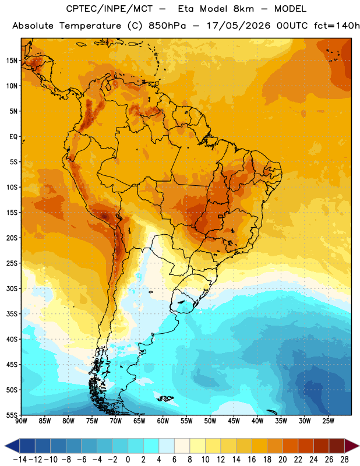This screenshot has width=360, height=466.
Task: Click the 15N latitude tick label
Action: coord(12,61)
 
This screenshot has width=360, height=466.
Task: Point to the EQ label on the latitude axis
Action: coord(13,137)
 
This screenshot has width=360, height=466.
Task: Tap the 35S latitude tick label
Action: coord(12,314)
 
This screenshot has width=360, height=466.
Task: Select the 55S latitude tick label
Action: coord(12,415)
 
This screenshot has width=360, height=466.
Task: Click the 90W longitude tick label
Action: coord(22,421)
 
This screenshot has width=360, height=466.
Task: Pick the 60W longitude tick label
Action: coord(163,421)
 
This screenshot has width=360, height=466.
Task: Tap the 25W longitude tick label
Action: coord(328,421)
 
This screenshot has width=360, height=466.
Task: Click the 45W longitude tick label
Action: coord(234,421)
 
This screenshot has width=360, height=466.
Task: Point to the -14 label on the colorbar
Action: coord(20,460)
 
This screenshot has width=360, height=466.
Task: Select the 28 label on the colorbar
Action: coord(344,460)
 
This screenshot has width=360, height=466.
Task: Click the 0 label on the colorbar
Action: coord(128,460)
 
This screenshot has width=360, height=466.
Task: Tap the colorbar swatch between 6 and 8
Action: coord(182,446)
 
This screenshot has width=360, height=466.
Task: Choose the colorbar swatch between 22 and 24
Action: coord(306,446)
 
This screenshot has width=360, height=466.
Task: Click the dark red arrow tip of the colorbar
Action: coord(358,446)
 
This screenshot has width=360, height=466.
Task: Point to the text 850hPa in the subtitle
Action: coord(167,26)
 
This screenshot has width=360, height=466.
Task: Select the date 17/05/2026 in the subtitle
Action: coord(239,26)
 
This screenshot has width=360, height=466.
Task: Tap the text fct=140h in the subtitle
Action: coord(337,26)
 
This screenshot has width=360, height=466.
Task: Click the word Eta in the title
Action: coord(186,9)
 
